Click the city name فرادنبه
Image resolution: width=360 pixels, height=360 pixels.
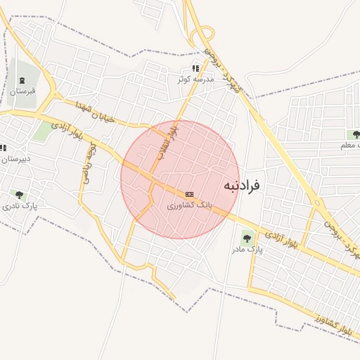242,186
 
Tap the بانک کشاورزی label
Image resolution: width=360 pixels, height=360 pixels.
188,206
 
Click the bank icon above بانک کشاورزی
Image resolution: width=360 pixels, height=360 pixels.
188,194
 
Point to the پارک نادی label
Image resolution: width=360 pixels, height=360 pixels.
20,206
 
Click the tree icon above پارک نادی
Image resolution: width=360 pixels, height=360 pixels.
19,195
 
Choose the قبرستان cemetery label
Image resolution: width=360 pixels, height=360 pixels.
22,91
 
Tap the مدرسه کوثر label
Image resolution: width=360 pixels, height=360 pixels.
195,79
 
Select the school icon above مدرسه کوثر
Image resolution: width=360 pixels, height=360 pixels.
195,68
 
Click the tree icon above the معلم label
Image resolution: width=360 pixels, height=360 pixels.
356,134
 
